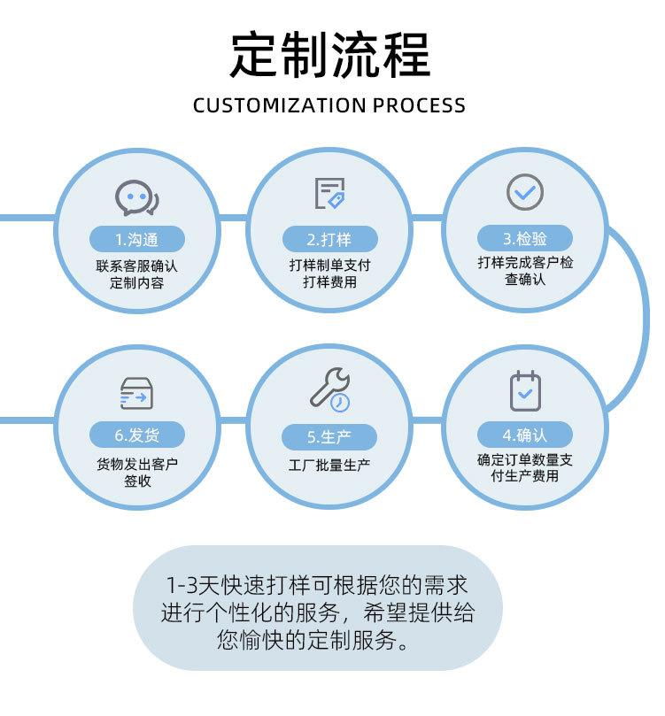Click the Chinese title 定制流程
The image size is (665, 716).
pyautogui.click(x=329, y=56)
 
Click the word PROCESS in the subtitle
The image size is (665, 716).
pyautogui.click(x=419, y=105)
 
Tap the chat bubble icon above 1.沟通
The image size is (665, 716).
pyautogui.click(x=136, y=197)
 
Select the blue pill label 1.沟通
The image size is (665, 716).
pyautogui.click(x=136, y=239)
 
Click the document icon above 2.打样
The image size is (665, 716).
pyautogui.click(x=329, y=194)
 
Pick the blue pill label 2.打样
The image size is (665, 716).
pyautogui.click(x=329, y=239)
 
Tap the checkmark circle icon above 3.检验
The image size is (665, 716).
pyautogui.click(x=525, y=192)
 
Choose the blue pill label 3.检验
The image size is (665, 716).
pyautogui.click(x=525, y=238)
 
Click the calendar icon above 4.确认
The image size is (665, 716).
pyautogui.click(x=525, y=390)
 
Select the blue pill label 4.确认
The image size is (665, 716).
pyautogui.click(x=525, y=435)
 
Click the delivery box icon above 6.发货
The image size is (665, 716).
pyautogui.click(x=136, y=392)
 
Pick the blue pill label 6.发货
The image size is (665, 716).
pyautogui.click(x=136, y=435)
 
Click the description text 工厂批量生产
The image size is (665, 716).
pyautogui.click(x=329, y=465)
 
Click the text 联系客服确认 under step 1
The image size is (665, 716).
pyautogui.click(x=136, y=266)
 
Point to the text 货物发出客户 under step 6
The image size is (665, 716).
pyautogui.click(x=136, y=463)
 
